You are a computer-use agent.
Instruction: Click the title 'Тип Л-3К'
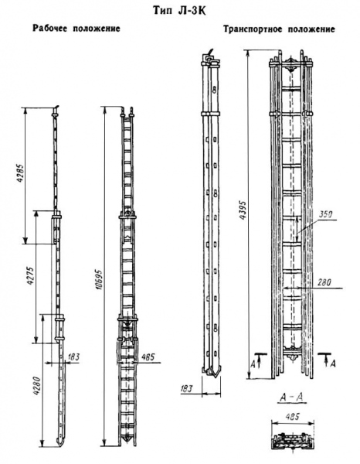180,10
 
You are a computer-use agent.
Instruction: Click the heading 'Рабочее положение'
76,29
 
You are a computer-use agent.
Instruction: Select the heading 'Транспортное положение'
279,29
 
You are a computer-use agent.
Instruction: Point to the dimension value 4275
30,277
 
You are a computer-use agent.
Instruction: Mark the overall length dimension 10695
99,279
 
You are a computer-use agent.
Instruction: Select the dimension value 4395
243,210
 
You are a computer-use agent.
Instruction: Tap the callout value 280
324,282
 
